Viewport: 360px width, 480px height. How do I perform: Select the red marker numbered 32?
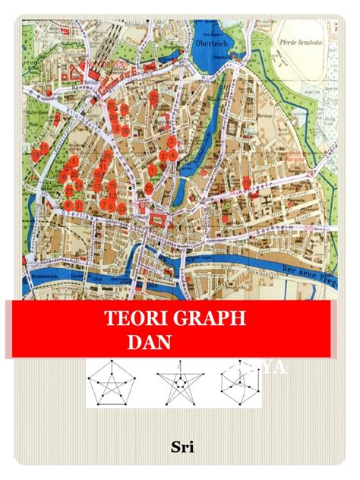point(153,96)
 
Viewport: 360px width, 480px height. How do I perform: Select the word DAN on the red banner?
point(149,341)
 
